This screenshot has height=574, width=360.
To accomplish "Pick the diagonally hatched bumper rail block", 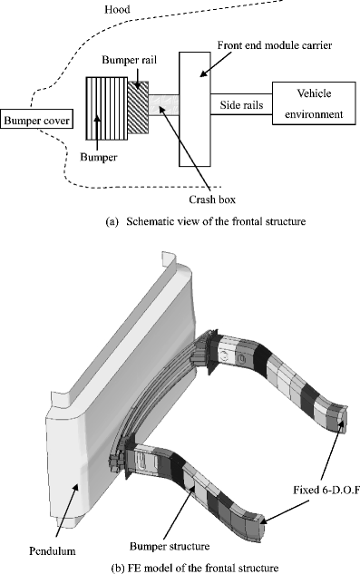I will coord(138,107).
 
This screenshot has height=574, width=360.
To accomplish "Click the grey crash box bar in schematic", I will coord(164,109).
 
